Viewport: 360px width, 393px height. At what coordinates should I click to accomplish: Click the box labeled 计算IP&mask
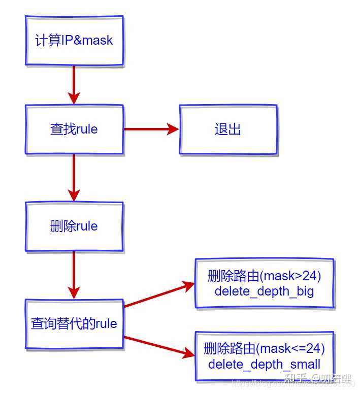coord(74,41)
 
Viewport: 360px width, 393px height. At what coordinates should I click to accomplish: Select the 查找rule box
coord(74,129)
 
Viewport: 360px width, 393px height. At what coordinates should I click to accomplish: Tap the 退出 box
coord(227,129)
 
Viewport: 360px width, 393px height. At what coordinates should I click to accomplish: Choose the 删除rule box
coord(74,226)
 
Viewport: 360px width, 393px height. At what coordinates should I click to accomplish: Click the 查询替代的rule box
coord(74,324)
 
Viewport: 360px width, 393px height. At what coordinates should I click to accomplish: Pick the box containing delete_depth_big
coord(265,283)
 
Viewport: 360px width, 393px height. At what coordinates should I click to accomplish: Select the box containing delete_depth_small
coord(265,356)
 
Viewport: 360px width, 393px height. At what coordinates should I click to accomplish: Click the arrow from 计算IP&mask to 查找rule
coord(74,85)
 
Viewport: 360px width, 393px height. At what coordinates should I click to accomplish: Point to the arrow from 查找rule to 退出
coord(151,129)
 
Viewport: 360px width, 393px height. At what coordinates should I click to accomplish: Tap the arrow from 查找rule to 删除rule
coord(74,177)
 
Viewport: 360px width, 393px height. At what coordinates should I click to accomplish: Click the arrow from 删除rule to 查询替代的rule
coord(74,275)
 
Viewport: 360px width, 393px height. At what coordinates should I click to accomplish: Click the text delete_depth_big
coord(264,291)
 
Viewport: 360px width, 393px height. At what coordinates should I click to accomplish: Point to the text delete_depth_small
coord(264,365)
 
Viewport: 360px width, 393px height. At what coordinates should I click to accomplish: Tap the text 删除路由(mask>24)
coord(264,276)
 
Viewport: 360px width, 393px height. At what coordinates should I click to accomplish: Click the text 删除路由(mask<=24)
coord(264,349)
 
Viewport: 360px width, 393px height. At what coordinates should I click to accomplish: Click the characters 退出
coord(227,129)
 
